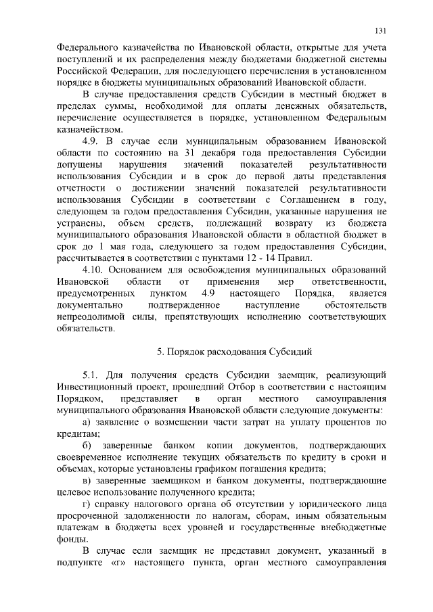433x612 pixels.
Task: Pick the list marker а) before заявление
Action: pyautogui.click(x=87, y=422)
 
